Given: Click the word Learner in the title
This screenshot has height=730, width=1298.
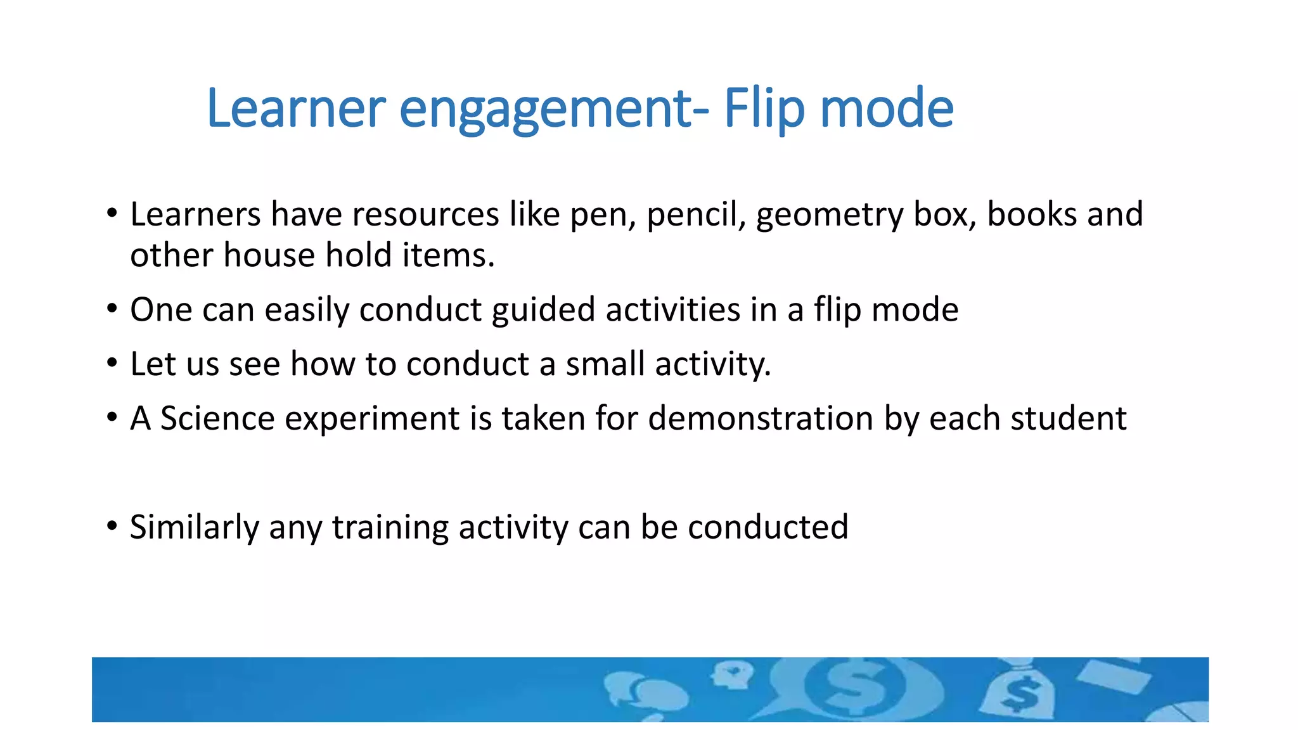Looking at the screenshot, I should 296,108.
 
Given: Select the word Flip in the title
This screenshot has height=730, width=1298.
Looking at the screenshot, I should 764,108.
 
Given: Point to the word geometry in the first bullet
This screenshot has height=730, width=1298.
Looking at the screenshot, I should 829,215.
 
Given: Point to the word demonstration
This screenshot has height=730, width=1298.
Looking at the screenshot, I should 761,419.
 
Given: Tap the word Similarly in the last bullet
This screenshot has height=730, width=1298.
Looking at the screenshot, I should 195,528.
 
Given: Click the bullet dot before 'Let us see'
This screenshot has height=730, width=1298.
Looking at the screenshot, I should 112,363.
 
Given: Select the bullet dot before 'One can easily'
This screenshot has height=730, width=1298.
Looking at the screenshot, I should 112,309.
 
